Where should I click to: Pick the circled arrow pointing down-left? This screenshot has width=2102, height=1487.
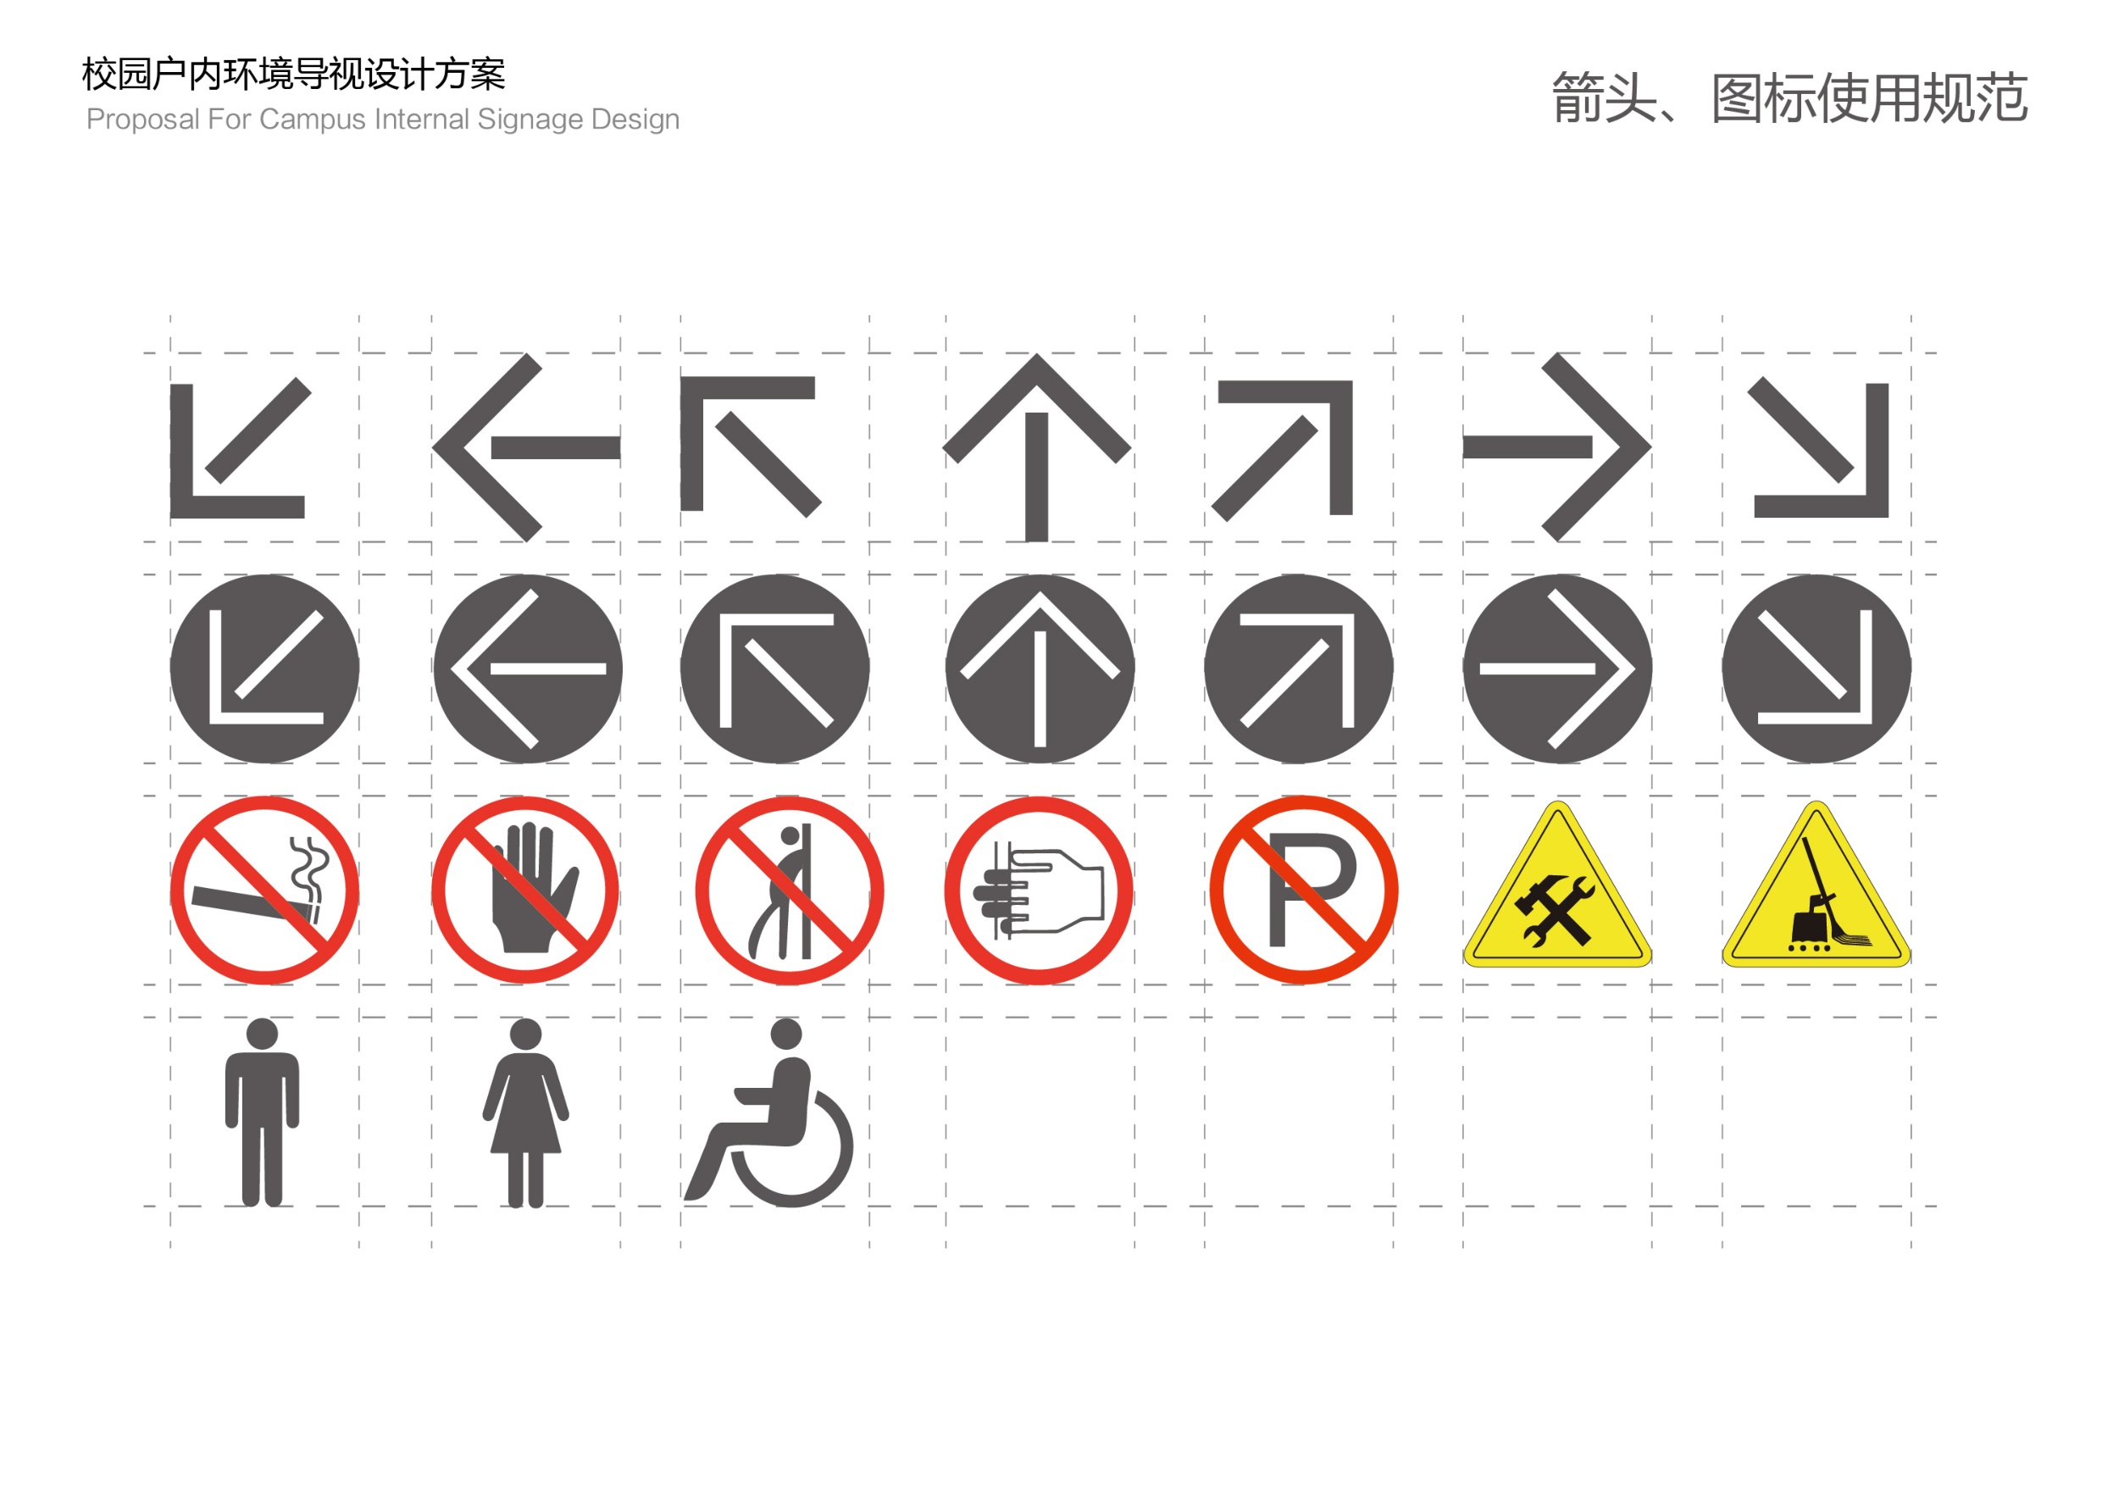pos(264,669)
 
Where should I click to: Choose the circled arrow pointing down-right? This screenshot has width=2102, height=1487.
pos(1816,669)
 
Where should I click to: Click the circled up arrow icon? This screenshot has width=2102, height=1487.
pos(1040,669)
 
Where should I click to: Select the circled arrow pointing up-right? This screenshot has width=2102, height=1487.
pos(1299,669)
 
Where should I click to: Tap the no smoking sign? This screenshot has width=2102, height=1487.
pos(264,890)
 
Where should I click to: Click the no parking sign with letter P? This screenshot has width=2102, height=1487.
pos(1304,890)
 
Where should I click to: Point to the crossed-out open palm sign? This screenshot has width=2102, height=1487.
pos(525,890)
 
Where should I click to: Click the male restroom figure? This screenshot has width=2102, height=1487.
pos(262,1112)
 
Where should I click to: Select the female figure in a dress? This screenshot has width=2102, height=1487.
pos(525,1112)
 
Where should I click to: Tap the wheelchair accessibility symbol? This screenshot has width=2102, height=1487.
pos(769,1112)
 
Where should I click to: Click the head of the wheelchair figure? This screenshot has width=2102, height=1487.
pos(786,1034)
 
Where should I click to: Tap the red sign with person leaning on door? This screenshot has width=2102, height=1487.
pos(789,890)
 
